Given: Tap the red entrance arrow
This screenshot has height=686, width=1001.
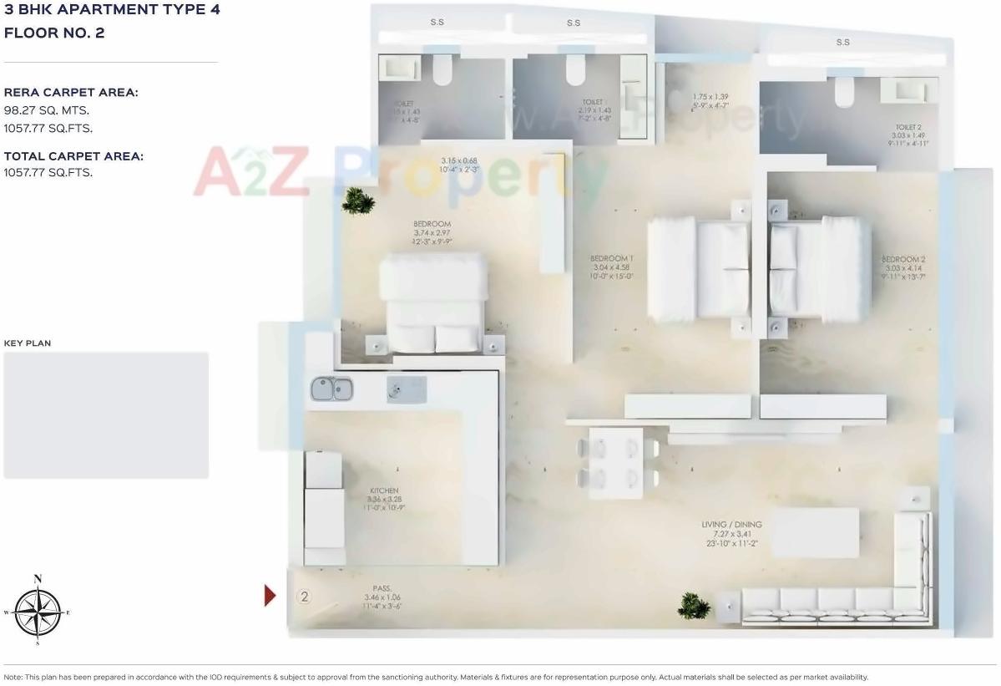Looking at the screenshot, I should (270, 595).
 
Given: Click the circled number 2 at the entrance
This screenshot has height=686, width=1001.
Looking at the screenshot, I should (305, 597).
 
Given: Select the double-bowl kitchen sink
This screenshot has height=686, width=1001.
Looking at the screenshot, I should (331, 389).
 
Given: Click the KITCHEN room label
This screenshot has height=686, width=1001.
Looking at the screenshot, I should (384, 490).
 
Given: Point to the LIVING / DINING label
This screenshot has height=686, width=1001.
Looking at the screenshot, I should (731, 525).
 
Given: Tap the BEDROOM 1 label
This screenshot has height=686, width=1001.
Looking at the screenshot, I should (612, 258).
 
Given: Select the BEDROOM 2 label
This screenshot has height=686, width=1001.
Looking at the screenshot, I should (903, 259).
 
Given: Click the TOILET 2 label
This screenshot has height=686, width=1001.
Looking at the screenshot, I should (908, 128).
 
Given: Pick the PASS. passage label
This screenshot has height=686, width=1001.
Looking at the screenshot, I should (382, 588).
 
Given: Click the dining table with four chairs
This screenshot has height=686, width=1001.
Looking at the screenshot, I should (616, 464).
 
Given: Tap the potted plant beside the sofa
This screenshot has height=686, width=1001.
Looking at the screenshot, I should (693, 605).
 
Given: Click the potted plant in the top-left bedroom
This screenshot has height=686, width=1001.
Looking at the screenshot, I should (357, 201).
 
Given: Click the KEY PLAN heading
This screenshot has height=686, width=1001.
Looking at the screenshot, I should (28, 343).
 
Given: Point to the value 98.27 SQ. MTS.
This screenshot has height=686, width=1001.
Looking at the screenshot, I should (47, 110).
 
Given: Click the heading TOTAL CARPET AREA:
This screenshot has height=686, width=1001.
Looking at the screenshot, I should (73, 156).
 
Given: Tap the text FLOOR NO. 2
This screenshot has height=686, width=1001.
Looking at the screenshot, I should (54, 33).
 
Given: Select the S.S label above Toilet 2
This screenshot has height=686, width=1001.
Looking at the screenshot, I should (842, 43).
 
